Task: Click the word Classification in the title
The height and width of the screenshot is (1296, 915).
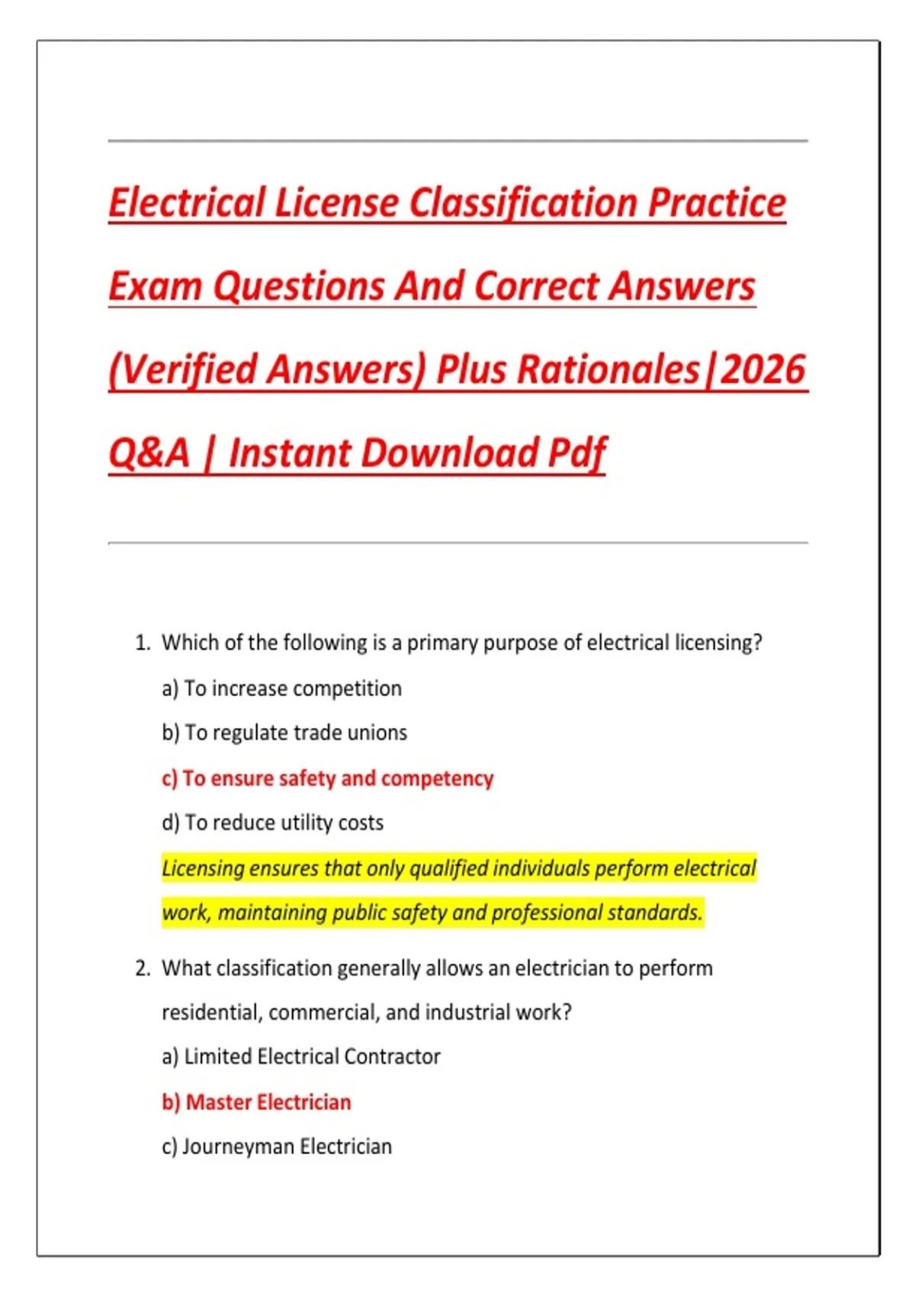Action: (x=522, y=203)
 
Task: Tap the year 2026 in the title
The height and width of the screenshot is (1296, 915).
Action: (x=762, y=370)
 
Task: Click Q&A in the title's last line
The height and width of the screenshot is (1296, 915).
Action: (x=149, y=453)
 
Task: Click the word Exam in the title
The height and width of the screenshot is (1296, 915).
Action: (x=155, y=287)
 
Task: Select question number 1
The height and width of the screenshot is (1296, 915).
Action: (x=143, y=643)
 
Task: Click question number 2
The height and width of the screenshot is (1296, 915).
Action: (x=143, y=968)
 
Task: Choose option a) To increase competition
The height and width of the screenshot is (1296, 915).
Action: (x=281, y=688)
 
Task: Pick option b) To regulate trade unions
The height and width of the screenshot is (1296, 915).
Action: (x=284, y=733)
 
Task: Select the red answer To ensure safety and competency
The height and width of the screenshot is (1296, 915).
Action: (x=328, y=778)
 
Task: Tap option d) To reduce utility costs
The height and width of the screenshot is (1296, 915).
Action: (x=272, y=823)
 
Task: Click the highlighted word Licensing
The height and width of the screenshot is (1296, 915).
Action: (x=202, y=868)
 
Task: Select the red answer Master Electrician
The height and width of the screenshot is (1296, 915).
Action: (x=257, y=1102)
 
